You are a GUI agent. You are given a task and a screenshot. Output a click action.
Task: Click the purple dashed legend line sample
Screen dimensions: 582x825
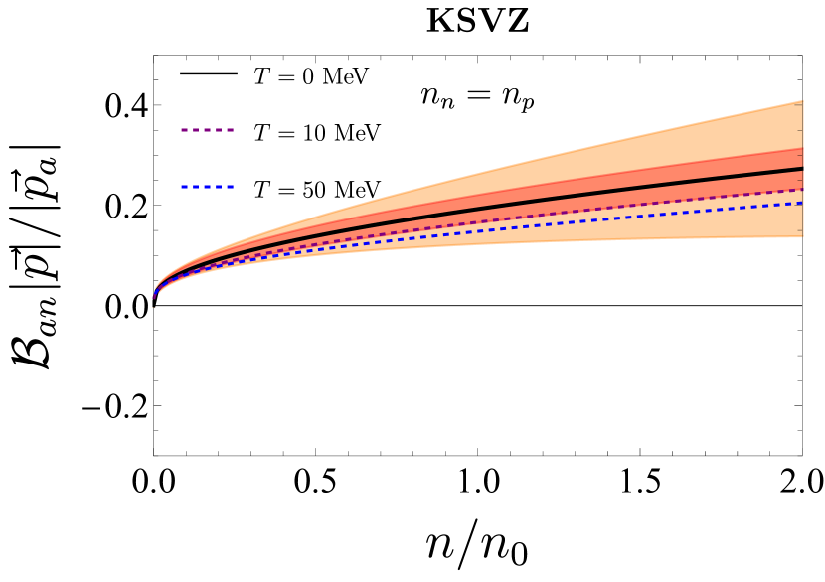coord(207,130)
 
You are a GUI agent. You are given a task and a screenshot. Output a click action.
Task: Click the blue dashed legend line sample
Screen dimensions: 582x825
coord(207,186)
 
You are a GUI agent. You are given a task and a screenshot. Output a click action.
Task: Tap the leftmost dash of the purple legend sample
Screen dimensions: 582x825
coord(185,130)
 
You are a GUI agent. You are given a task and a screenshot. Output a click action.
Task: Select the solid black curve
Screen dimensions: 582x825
coord(497,206)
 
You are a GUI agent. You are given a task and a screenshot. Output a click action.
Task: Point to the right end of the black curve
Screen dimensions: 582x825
coord(801,169)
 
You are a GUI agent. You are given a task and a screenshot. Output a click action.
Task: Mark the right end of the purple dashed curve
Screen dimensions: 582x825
coord(801,189)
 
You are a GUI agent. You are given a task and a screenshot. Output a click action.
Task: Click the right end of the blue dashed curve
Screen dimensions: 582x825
coord(801,204)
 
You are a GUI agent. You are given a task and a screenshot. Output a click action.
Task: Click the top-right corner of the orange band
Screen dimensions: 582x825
coord(801,101)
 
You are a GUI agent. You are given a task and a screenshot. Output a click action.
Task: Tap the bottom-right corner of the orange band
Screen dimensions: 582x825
coord(801,236)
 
